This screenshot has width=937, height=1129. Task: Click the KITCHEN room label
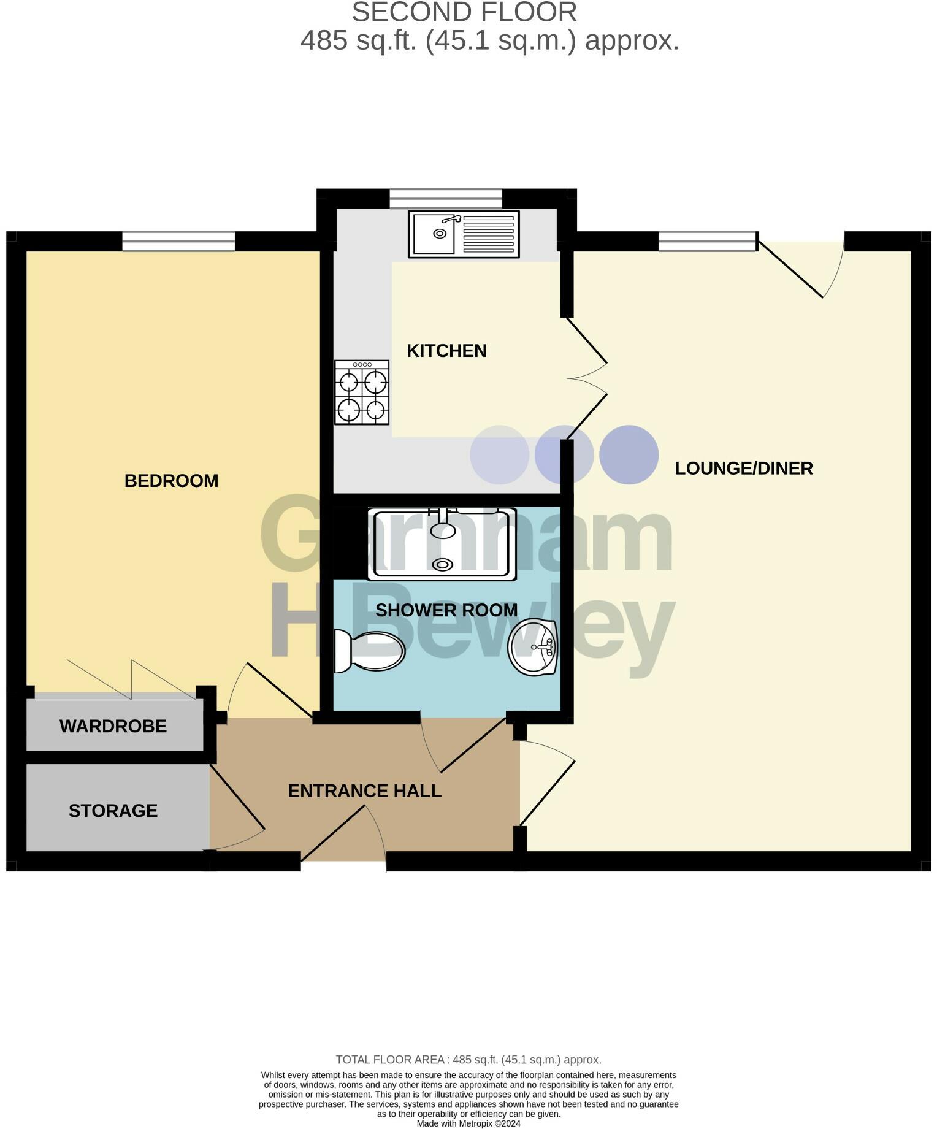click(446, 351)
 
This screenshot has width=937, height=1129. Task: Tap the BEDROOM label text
click(171, 481)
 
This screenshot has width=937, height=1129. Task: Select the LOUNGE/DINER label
click(743, 469)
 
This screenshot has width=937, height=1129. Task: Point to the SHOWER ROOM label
click(446, 610)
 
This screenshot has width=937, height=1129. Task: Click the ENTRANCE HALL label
click(364, 791)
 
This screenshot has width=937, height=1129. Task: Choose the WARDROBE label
click(113, 726)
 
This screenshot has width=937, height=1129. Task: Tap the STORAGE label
click(113, 811)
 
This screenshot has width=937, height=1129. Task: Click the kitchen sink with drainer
click(464, 234)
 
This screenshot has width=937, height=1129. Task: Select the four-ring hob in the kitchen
click(362, 392)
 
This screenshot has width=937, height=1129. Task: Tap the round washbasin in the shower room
click(533, 647)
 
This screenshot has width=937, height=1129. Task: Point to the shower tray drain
click(442, 564)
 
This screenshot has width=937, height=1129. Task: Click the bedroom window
click(178, 241)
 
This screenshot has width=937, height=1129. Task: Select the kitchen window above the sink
click(446, 199)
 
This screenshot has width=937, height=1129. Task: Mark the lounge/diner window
click(708, 241)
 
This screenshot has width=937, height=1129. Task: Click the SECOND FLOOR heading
click(464, 12)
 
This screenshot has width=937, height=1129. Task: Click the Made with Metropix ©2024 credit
click(468, 1123)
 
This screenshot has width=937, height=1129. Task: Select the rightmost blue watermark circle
click(629, 454)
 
